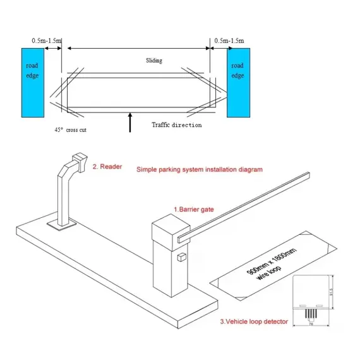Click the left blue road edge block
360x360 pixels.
click(x=33, y=85)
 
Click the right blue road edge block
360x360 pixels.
click(x=238, y=85)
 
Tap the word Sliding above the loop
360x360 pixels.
click(x=154, y=61)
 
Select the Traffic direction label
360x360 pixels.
click(x=177, y=125)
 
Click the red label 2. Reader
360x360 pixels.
click(x=107, y=167)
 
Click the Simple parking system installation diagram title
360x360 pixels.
click(x=200, y=170)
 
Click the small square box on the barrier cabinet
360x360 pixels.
click(x=181, y=258)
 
